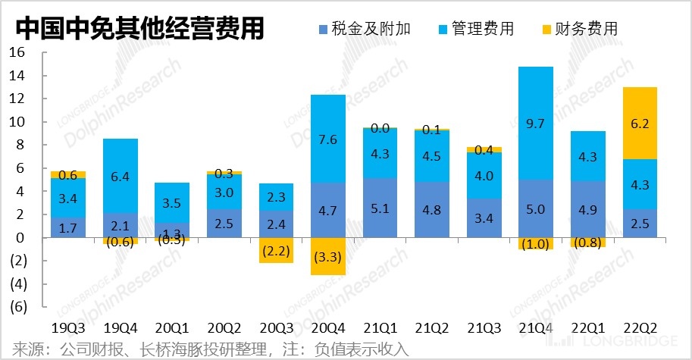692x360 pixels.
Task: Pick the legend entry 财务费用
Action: [580, 29]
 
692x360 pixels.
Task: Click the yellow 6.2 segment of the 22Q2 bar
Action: [640, 123]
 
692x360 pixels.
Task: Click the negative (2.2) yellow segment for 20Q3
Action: [277, 250]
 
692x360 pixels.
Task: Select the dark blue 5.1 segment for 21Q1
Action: [380, 208]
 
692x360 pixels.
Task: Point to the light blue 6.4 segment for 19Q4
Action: [121, 176]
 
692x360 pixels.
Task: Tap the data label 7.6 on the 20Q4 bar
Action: [328, 139]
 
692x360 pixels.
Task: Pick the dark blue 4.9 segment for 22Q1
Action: [587, 209]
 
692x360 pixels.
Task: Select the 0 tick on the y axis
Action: [21, 238]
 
